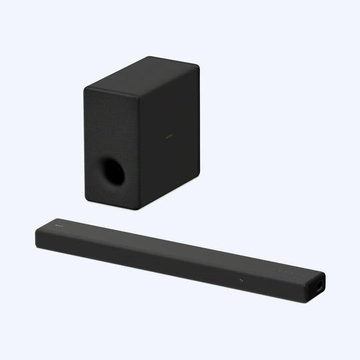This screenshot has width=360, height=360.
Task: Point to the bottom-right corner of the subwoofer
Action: pos(199,175)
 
